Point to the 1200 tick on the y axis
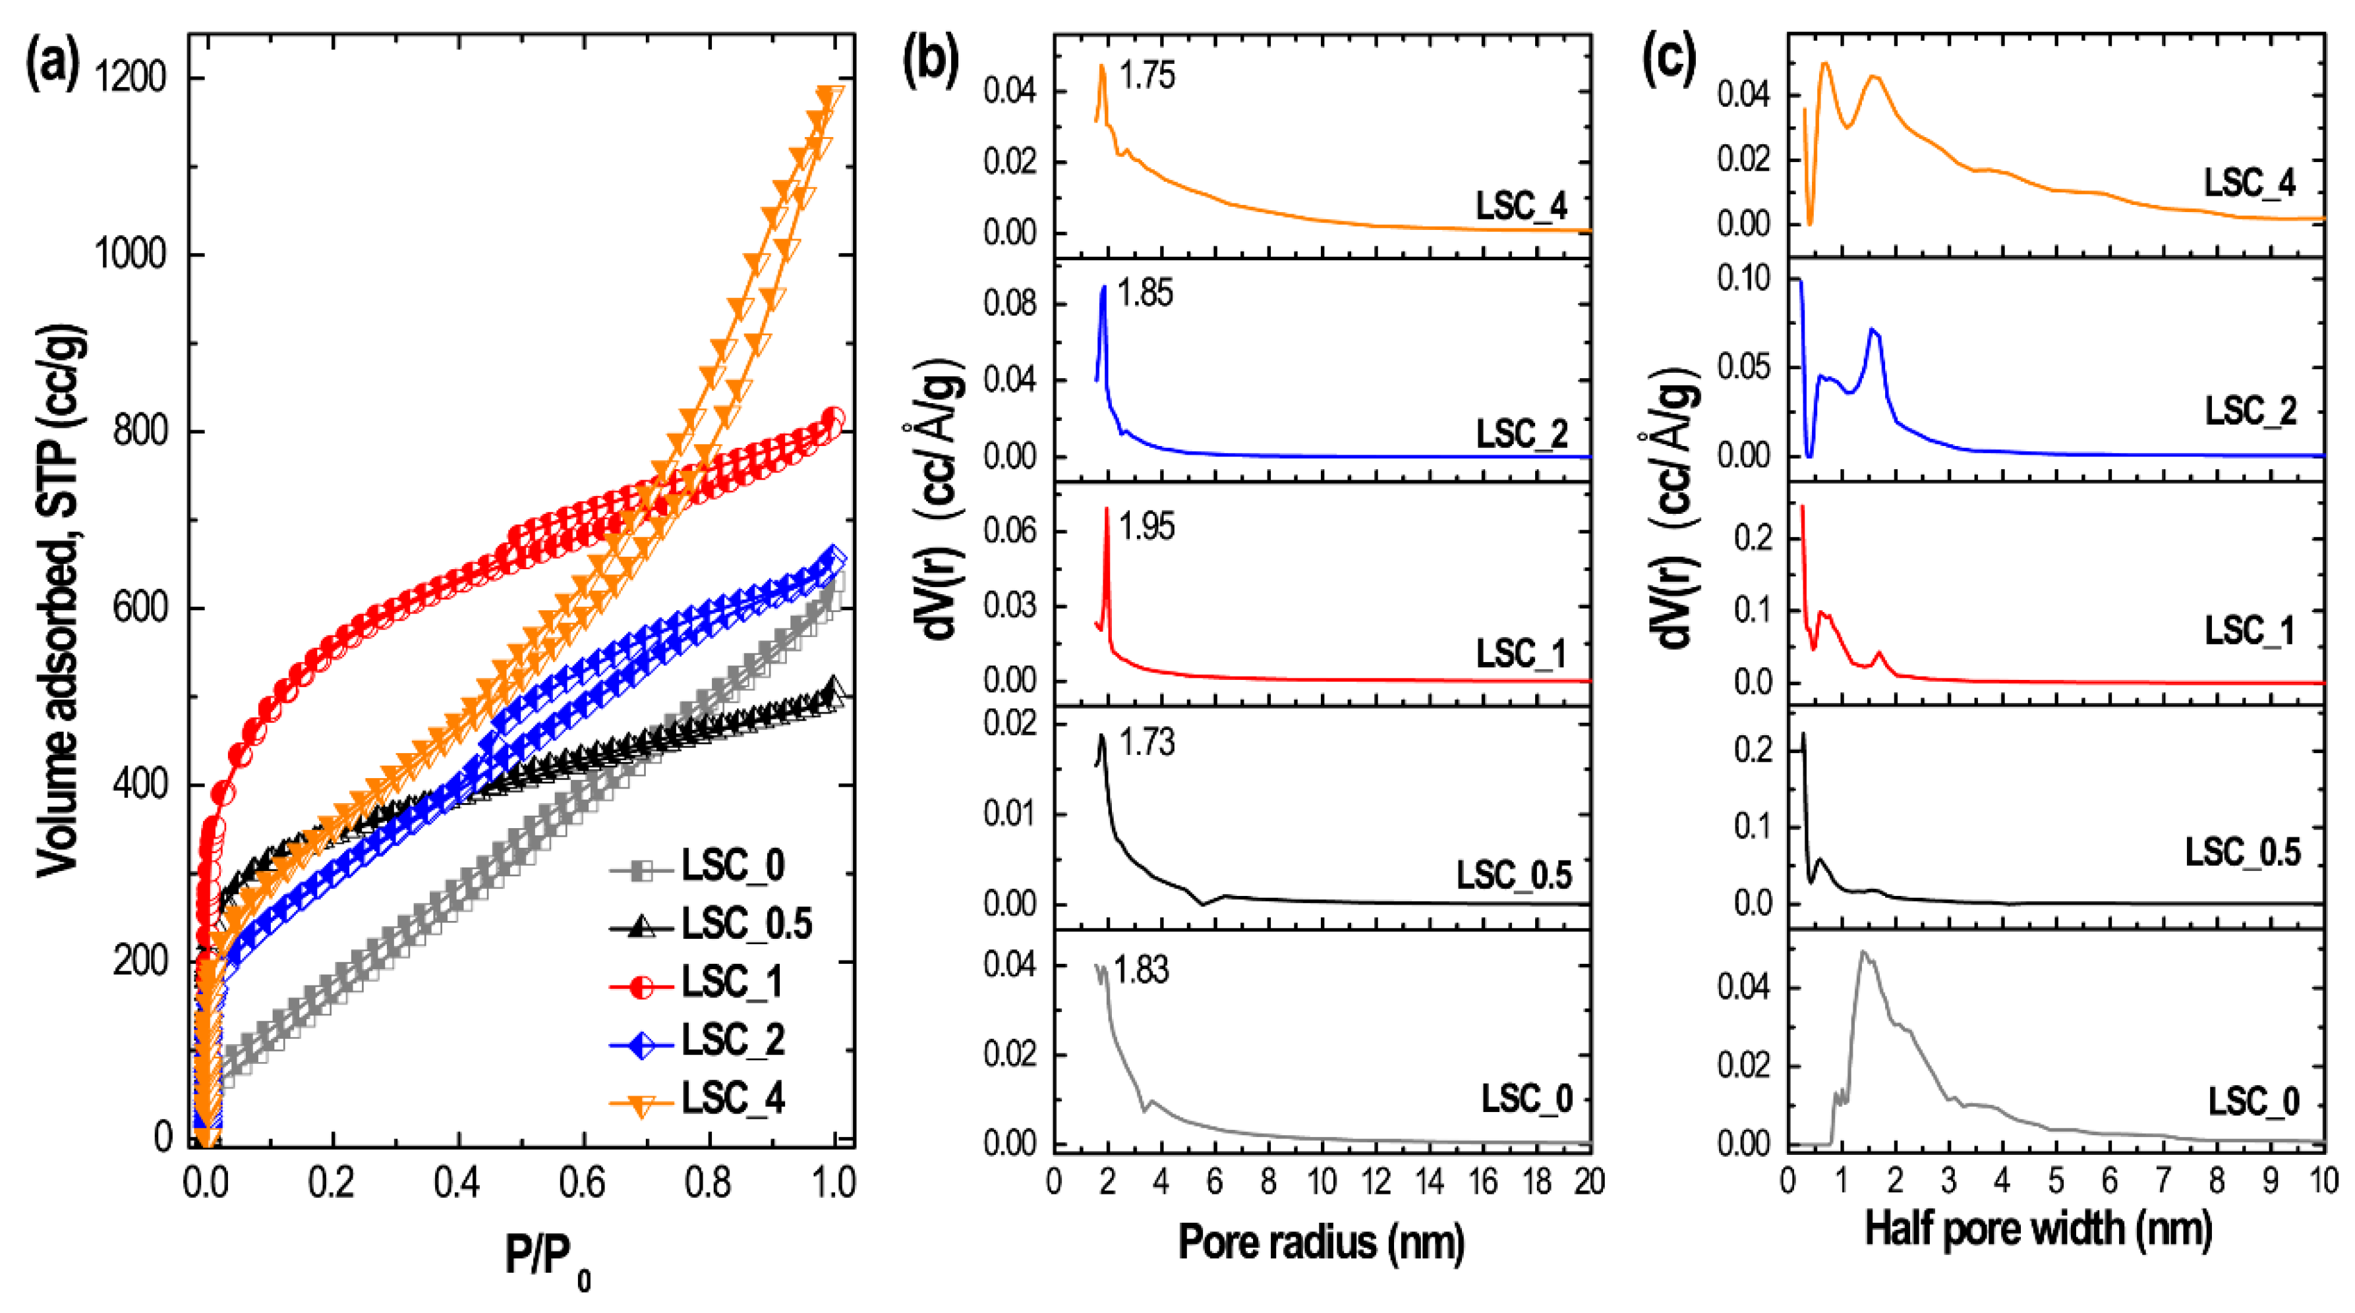pyautogui.click(x=132, y=78)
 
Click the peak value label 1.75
pyautogui.click(x=1146, y=76)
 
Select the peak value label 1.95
pyautogui.click(x=1146, y=527)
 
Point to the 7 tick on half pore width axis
pyautogui.click(x=2163, y=1181)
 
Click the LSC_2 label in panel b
pyautogui.click(x=1521, y=433)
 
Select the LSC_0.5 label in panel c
pyautogui.click(x=2242, y=852)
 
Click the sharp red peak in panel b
pyautogui.click(x=1106, y=512)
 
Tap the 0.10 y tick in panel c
pyautogui.click(x=1743, y=279)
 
